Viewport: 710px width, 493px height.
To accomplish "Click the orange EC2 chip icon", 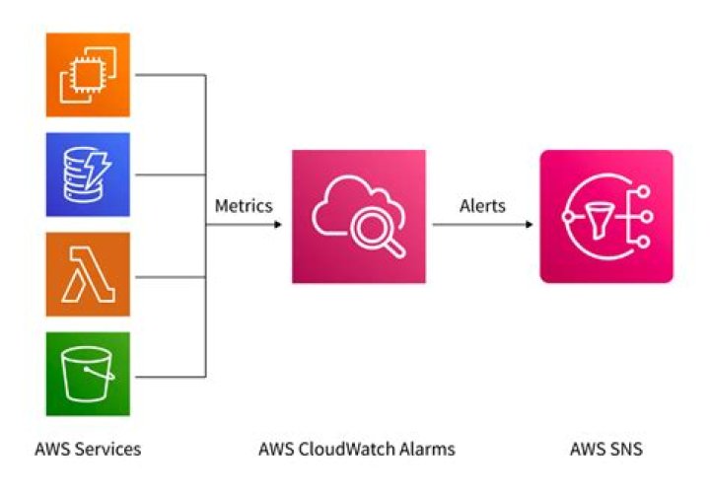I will pyautogui.click(x=88, y=75).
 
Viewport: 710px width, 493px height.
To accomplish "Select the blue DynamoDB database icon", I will pyautogui.click(x=88, y=175).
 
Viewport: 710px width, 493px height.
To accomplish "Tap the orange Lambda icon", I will pyautogui.click(x=88, y=274).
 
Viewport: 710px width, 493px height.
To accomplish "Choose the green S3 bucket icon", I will pyautogui.click(x=88, y=374).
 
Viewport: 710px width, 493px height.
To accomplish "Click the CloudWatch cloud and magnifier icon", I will pyautogui.click(x=359, y=216).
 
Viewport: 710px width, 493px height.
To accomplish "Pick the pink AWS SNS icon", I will pyautogui.click(x=606, y=216).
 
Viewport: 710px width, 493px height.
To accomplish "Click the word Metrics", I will pyautogui.click(x=244, y=206).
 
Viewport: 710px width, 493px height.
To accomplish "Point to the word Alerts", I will pyautogui.click(x=482, y=206).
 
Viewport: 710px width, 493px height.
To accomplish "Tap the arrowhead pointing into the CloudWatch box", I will pyautogui.click(x=277, y=225).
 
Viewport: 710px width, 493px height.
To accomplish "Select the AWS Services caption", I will pyautogui.click(x=88, y=449).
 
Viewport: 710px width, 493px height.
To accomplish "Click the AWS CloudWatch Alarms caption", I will pyautogui.click(x=357, y=449).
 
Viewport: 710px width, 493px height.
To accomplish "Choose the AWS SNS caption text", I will pyautogui.click(x=606, y=449).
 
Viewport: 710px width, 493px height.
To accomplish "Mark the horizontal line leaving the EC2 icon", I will pyautogui.click(x=168, y=75).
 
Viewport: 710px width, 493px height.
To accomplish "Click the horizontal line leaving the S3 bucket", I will pyautogui.click(x=168, y=375).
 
